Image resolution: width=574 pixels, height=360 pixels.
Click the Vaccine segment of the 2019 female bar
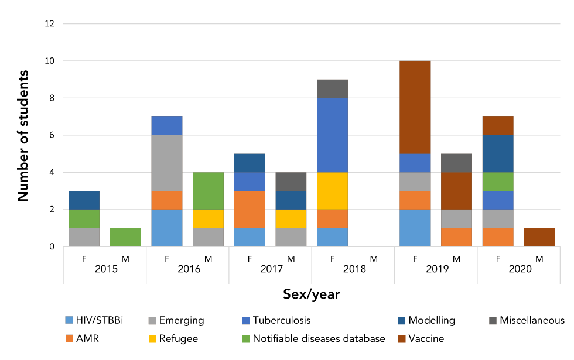415,107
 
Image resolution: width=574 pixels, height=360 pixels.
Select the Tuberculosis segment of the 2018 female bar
332,135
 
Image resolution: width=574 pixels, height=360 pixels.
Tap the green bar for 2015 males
125,237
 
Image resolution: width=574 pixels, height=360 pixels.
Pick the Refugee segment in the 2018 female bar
332,191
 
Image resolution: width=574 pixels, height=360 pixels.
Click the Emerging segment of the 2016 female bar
166,163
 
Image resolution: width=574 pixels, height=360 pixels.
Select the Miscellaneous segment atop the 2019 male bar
456,163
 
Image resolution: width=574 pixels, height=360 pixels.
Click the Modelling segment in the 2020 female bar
498,153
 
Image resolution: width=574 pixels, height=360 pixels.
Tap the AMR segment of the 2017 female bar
250,209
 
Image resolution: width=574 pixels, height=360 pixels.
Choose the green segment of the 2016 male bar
208,190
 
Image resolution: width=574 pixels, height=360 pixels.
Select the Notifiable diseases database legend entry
313,338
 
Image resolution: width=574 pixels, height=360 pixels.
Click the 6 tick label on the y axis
52,135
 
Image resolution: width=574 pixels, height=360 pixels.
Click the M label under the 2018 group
374,258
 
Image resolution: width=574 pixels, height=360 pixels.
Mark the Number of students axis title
23,135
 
